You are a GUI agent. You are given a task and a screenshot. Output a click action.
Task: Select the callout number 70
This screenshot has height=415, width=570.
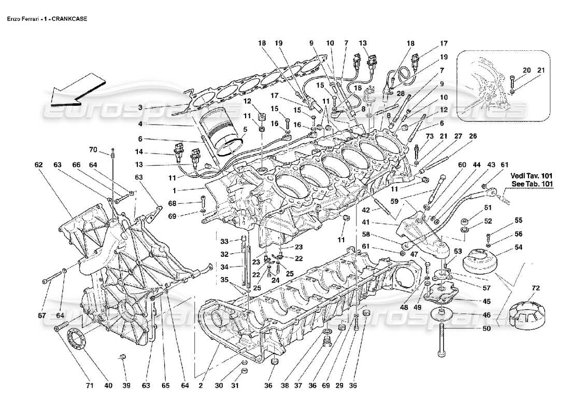(x=93, y=150)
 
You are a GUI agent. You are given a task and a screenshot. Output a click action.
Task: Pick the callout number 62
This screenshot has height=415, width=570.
(x=38, y=165)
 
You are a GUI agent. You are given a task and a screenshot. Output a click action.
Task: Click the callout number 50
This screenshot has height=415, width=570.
(x=486, y=328)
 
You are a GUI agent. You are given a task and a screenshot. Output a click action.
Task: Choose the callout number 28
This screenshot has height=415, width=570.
(x=401, y=93)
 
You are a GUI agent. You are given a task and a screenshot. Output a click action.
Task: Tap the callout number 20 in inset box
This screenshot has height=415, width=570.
(x=526, y=70)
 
